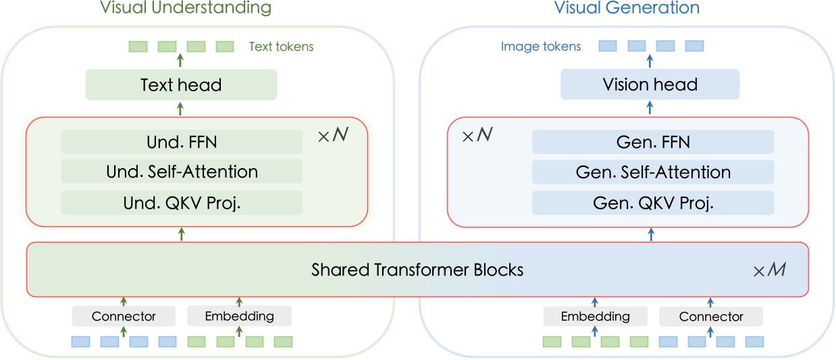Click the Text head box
pyautogui.click(x=181, y=85)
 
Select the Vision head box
pyautogui.click(x=650, y=85)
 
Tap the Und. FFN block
pyautogui.click(x=182, y=143)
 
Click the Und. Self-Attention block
pyautogui.click(x=182, y=172)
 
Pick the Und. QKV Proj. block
pyautogui.click(x=182, y=203)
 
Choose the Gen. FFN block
pyautogui.click(x=653, y=143)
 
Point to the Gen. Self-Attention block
pyautogui.click(x=653, y=172)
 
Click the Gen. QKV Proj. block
pyautogui.click(x=653, y=203)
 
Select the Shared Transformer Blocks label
pyautogui.click(x=417, y=270)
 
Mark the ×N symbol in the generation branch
pyautogui.click(x=477, y=136)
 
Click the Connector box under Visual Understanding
pyautogui.click(x=124, y=316)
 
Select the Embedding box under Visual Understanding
pyautogui.click(x=239, y=316)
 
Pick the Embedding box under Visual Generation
pyautogui.click(x=595, y=316)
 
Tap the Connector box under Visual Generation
pyautogui.click(x=710, y=316)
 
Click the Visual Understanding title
pyautogui.click(x=186, y=9)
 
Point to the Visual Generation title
pyautogui.click(x=627, y=9)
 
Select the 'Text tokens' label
pyautogui.click(x=281, y=47)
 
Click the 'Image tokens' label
pyautogui.click(x=540, y=47)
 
